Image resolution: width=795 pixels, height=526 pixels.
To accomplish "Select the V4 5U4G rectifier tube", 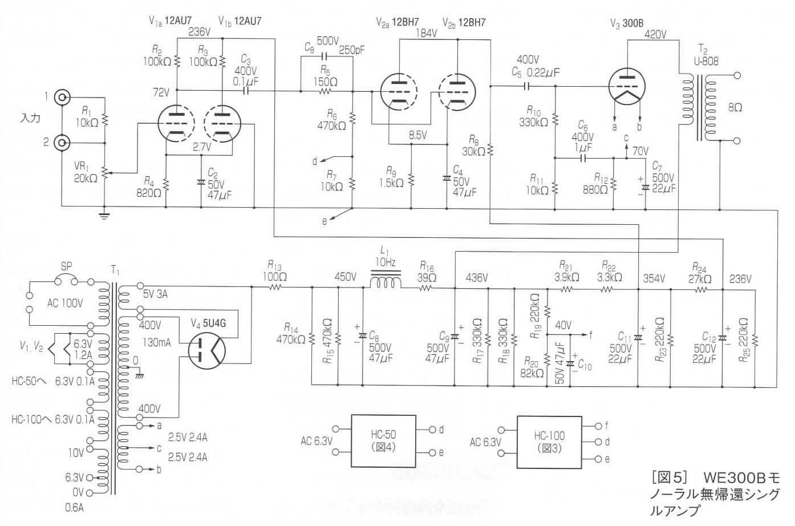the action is pos(206,350).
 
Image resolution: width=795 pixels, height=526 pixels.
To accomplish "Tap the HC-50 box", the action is pos(383,441).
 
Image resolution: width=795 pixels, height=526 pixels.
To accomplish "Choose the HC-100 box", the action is pos(549,442).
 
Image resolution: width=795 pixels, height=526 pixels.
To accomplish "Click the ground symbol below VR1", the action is pos(104,215).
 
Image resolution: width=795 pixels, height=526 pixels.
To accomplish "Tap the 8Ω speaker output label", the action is pos(735,108).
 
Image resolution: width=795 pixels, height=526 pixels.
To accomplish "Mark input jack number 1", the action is pos(62,97).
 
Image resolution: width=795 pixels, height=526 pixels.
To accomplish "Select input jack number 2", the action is pos(62,143).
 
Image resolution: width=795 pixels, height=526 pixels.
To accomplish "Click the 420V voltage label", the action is pos(655,34).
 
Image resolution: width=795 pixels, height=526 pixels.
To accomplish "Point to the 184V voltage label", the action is pos(426,33).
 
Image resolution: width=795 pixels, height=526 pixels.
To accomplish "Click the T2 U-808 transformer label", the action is pos(706,55).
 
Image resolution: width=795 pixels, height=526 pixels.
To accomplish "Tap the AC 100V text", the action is pos(65,303).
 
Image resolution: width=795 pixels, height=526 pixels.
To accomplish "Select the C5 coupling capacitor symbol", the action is pos(527,86).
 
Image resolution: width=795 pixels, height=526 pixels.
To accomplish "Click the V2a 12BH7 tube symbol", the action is pos(399,92).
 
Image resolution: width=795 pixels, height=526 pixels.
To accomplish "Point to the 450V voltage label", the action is pos(346,277).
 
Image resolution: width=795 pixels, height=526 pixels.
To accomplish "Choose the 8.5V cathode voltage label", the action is pos(417,135).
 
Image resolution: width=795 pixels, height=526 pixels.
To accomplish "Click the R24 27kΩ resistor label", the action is pos(700,273).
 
